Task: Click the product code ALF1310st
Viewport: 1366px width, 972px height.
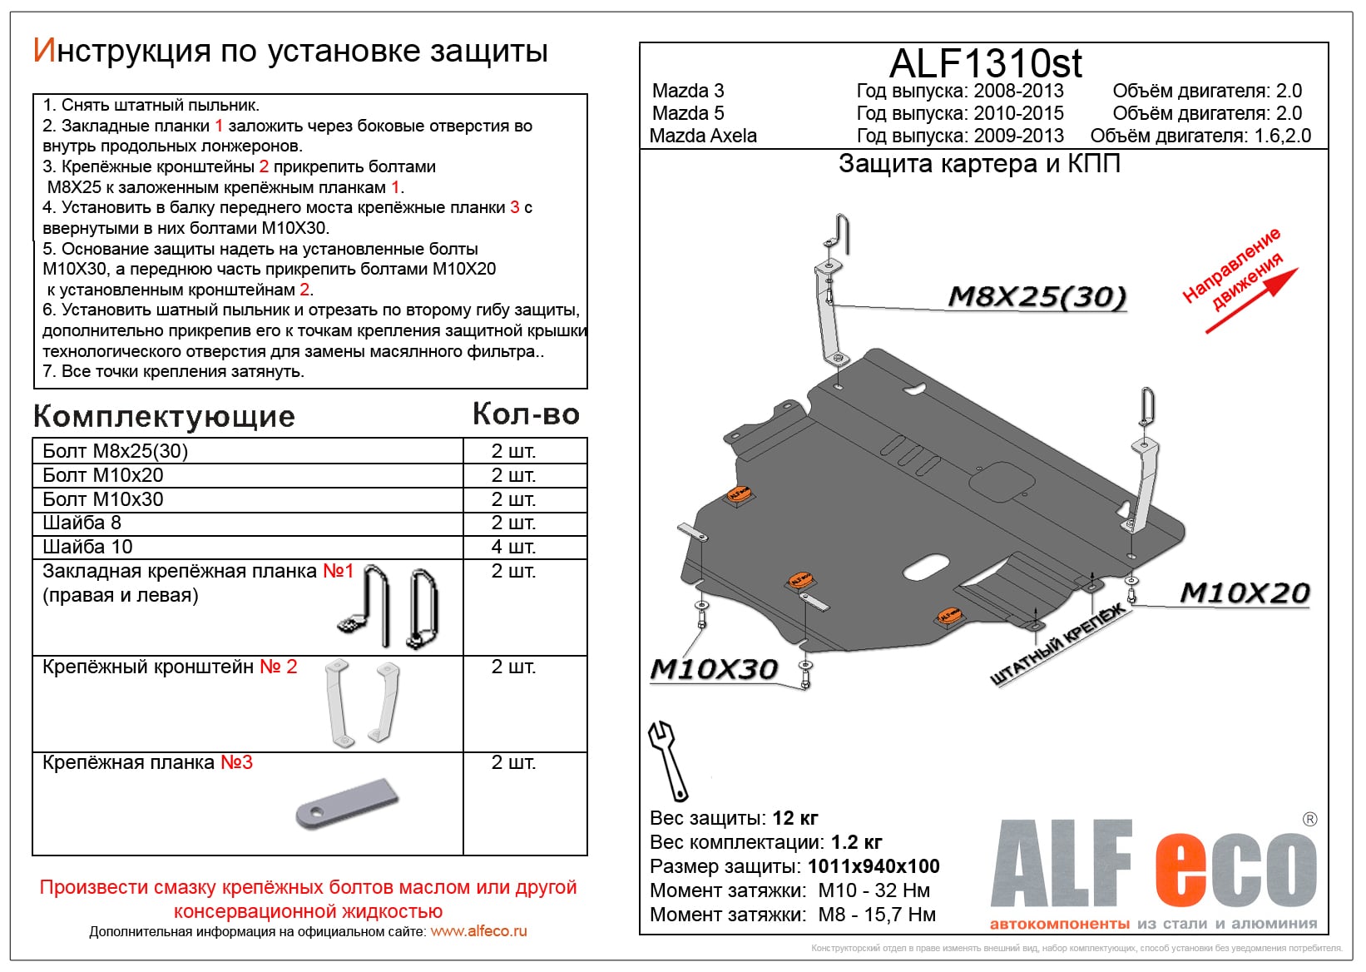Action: click(x=986, y=63)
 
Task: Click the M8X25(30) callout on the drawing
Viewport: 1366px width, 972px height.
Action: click(x=1037, y=296)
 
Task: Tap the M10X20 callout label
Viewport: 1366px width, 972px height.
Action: click(x=1245, y=593)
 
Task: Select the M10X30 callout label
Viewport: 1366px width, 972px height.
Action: click(x=714, y=668)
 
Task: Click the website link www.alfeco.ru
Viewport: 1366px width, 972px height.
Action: click(x=478, y=931)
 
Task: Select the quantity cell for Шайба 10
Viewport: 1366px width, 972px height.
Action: click(x=513, y=547)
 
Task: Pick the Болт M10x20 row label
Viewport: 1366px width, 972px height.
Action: click(x=103, y=475)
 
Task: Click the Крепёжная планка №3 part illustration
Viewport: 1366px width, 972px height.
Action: click(x=347, y=803)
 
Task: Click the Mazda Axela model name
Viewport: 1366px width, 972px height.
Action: click(x=703, y=136)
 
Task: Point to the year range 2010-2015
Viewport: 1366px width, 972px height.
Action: click(x=1018, y=113)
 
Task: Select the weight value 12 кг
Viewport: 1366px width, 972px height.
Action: click(x=795, y=818)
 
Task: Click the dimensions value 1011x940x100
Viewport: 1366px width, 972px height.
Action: click(x=874, y=866)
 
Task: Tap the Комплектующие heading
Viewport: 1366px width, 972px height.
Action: click(x=164, y=416)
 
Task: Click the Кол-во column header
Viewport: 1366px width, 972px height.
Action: click(x=526, y=414)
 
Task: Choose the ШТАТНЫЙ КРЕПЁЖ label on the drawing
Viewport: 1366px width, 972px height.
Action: click(x=1057, y=645)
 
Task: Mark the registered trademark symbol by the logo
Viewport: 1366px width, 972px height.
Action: click(x=1309, y=819)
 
